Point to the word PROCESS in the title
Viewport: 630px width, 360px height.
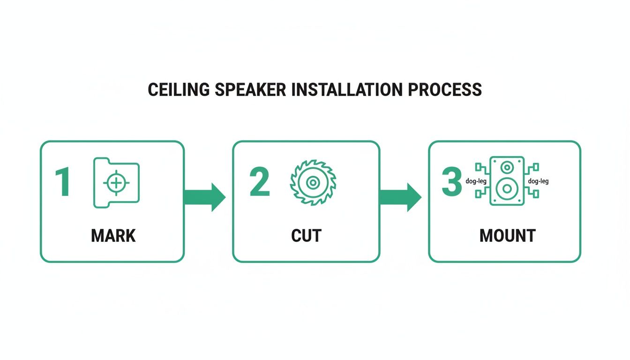[444, 90]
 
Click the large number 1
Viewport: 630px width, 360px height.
[63, 183]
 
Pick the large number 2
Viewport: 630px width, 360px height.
[260, 182]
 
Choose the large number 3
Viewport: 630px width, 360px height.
[452, 182]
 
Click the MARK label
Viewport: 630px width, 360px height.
[113, 236]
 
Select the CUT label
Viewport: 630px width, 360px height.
[306, 236]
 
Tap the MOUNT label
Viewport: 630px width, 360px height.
[507, 236]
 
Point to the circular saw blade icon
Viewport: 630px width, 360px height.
[313, 182]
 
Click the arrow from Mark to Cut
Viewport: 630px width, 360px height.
[205, 197]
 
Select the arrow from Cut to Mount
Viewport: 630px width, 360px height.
[400, 197]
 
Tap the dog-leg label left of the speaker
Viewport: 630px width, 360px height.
[476, 181]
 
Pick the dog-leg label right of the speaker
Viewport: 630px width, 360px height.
[538, 181]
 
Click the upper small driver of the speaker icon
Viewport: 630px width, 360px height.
[507, 167]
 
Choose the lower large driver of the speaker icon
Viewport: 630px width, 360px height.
[507, 189]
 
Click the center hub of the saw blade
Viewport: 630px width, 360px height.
[313, 182]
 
